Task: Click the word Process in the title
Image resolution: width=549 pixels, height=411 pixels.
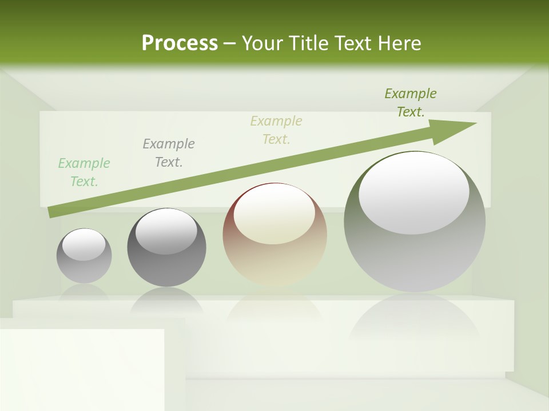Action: pos(180,43)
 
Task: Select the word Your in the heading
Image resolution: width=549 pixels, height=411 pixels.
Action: pos(262,43)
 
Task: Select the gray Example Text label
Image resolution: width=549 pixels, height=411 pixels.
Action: pos(169,153)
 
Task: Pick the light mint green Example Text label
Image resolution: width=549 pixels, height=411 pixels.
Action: pos(84,172)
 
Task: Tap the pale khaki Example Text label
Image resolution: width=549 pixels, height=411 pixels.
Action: pos(276,130)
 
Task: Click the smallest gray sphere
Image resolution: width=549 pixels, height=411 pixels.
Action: pos(84,268)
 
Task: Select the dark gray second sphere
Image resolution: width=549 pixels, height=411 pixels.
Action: pos(166,268)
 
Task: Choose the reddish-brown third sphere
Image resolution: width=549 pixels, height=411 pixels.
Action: pos(274,263)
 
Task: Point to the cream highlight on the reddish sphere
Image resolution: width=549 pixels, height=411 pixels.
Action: pos(274,213)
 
